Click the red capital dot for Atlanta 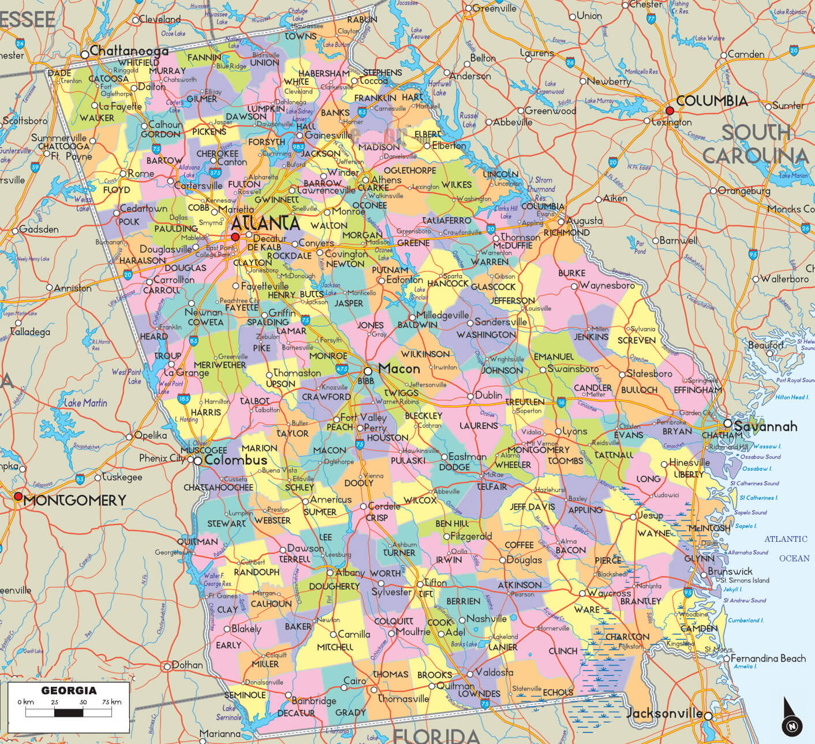click(235, 237)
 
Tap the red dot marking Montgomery click(18, 496)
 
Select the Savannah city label click(765, 426)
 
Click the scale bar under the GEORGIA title click(69, 712)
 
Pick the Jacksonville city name click(664, 713)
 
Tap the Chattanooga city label click(129, 51)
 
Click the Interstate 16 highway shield click(561, 401)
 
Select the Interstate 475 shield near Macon click(342, 368)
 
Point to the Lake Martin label click(85, 403)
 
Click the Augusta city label click(584, 221)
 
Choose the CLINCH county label click(563, 650)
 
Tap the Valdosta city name click(494, 672)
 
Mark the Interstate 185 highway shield click(184, 399)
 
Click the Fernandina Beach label click(768, 658)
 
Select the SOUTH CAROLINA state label click(756, 144)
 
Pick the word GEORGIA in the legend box click(69, 690)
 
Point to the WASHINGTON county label click(486, 334)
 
